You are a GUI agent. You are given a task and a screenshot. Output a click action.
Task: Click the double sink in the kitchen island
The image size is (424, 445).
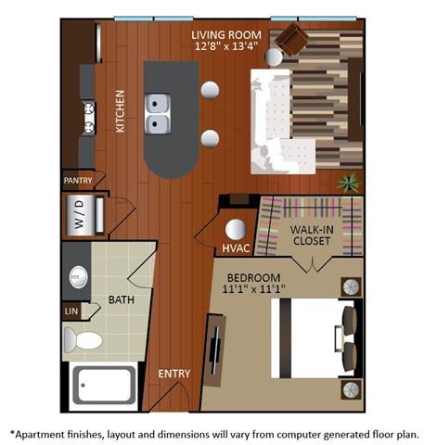point(159,113)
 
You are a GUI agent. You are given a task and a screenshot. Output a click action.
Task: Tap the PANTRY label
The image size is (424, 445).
point(79,181)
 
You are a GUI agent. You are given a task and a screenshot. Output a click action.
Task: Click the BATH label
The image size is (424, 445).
point(122,300)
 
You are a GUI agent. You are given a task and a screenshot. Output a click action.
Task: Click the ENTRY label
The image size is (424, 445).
point(174,374)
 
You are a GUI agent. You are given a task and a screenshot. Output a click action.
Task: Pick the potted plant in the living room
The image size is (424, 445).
point(349,182)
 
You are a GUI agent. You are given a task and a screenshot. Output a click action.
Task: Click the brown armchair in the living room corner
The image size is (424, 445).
point(294,40)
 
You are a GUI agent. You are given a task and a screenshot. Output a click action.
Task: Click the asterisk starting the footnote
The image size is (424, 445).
point(12,432)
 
